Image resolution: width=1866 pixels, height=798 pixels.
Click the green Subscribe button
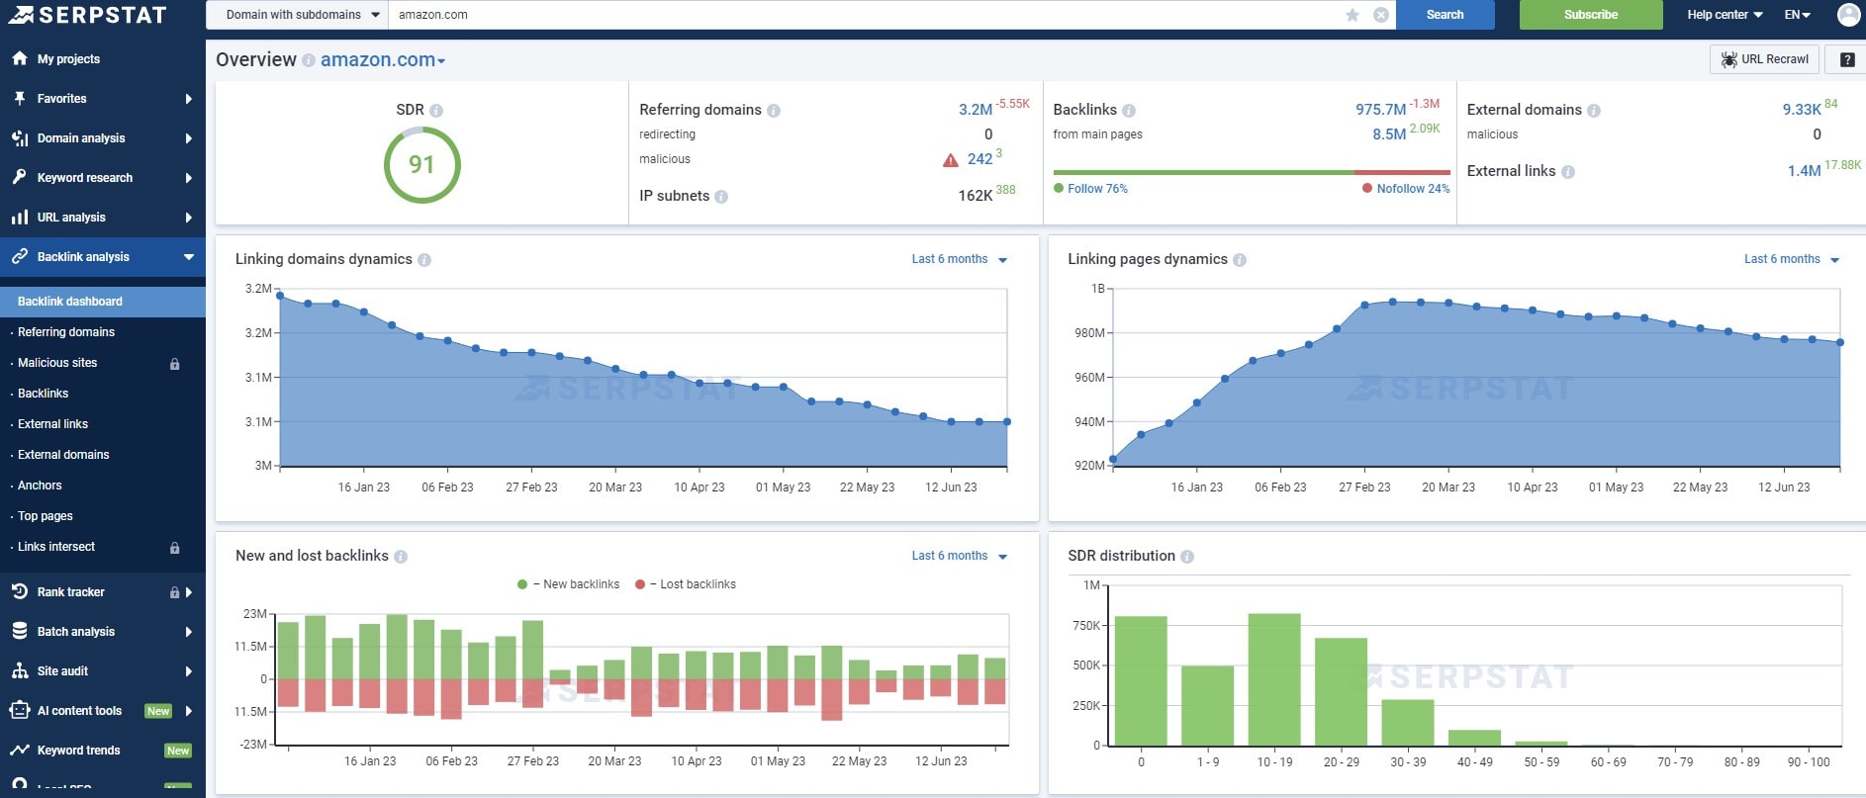1590,15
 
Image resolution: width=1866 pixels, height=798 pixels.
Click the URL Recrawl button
1764,59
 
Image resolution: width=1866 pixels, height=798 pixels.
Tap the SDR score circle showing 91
421,164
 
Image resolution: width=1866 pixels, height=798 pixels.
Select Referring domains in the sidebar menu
66,332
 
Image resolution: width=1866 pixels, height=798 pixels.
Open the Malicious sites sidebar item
57,363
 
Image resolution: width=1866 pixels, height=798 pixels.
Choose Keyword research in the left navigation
85,178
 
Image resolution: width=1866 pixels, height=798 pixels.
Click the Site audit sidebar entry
62,671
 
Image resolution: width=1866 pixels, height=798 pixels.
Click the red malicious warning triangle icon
950,160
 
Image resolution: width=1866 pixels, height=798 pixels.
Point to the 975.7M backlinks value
1380,110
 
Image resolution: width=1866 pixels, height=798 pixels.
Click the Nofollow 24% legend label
1412,189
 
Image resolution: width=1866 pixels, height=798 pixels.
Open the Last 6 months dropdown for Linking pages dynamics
1790,259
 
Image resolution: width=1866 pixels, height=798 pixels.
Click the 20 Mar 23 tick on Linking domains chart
614,488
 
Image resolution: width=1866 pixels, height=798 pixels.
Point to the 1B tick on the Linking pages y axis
1097,289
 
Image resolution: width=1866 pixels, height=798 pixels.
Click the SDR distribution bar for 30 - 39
1407,722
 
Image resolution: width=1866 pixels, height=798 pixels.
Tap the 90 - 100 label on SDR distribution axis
1809,762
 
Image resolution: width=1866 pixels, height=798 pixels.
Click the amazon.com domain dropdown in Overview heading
383,60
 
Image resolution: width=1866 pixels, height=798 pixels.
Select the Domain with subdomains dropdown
302,15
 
